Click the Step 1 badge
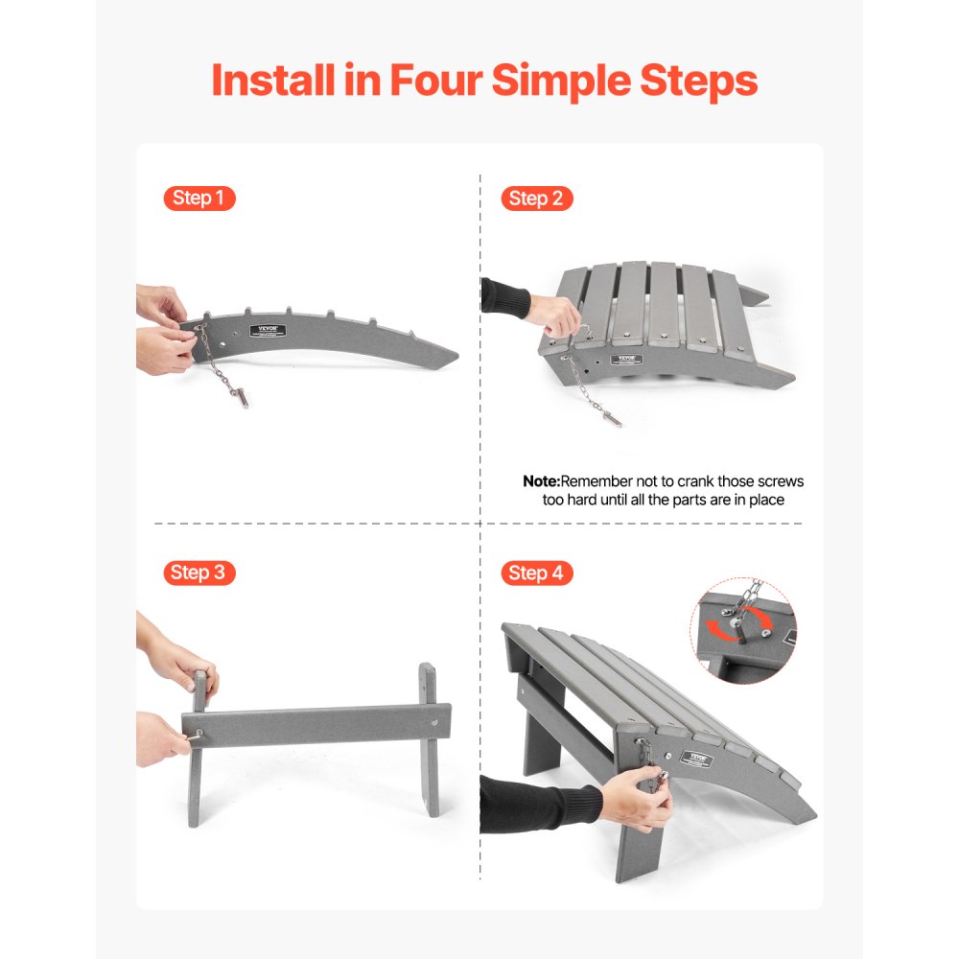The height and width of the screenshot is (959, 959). tap(199, 199)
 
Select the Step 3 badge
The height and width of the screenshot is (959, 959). tap(199, 573)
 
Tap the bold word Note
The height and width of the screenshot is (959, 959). tap(540, 481)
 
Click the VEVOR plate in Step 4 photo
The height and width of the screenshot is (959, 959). tap(698, 756)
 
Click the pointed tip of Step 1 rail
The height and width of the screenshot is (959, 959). tap(456, 356)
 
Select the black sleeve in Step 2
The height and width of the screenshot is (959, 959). tap(504, 297)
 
